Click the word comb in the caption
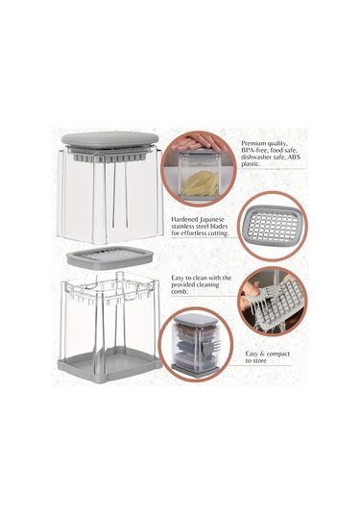[180, 291]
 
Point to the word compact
[277, 354]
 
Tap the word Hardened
[184, 219]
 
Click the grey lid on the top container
[109, 140]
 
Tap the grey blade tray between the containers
[109, 257]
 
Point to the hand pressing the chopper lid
[197, 143]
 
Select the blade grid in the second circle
[272, 226]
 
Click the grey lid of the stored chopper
[195, 320]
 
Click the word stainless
[185, 226]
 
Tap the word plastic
[251, 164]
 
